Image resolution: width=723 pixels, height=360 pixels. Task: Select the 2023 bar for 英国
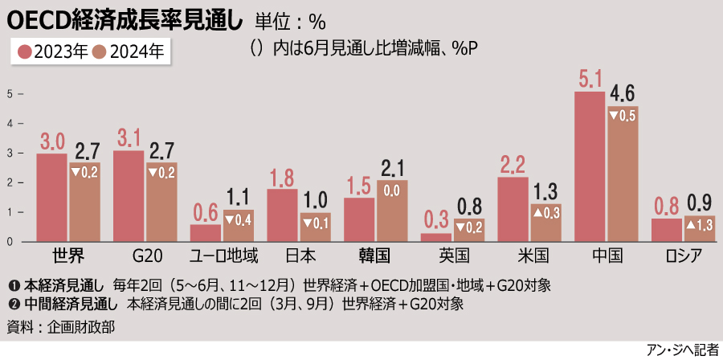pos(436,237)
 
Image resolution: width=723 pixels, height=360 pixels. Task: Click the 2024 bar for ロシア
pos(700,228)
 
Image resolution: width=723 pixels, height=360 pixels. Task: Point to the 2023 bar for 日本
pos(282,215)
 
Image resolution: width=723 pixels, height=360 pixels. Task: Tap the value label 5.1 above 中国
pos(590,80)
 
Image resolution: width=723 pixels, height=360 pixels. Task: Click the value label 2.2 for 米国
pos(513,166)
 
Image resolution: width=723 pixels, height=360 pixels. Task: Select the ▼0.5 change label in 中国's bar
pos(623,116)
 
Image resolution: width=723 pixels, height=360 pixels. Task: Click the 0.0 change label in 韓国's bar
pos(392,191)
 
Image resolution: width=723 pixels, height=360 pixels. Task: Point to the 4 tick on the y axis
pos(10,124)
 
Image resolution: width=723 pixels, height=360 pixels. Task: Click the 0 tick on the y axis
pos(10,241)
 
